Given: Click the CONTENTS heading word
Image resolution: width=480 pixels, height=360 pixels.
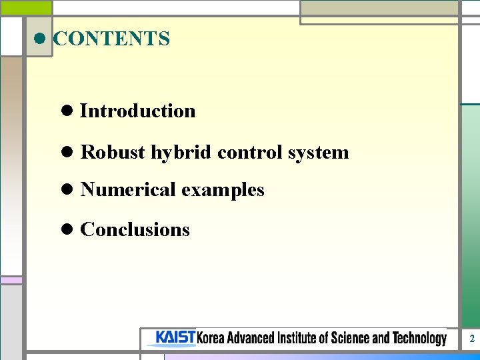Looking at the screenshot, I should pyautogui.click(x=111, y=39).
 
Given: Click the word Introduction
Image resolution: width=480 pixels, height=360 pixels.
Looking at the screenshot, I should pyautogui.click(x=138, y=111).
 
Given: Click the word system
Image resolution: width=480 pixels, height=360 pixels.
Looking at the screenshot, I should pyautogui.click(x=318, y=153).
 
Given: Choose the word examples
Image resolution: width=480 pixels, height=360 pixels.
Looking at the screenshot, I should pyautogui.click(x=223, y=191).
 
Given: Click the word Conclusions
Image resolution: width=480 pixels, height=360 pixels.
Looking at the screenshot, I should pyautogui.click(x=135, y=230).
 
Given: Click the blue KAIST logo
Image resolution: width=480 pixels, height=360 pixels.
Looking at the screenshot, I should pyautogui.click(x=175, y=338).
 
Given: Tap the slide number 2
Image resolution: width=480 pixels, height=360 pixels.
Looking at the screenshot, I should pyautogui.click(x=471, y=339).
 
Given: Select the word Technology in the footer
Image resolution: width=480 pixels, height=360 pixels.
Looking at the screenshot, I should pyautogui.click(x=419, y=339).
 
